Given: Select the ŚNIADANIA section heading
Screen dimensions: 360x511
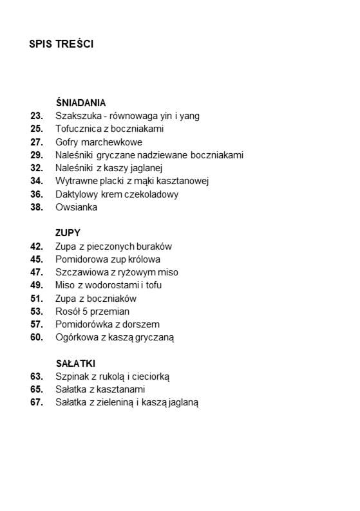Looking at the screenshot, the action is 81,102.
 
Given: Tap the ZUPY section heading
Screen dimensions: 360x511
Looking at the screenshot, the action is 68,233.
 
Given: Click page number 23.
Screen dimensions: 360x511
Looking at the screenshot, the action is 36,116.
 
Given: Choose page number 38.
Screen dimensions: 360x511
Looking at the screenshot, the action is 36,207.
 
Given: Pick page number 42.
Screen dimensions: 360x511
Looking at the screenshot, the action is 36,246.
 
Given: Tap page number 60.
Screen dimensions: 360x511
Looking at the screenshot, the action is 36,337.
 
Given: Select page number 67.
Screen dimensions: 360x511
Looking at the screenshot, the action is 36,403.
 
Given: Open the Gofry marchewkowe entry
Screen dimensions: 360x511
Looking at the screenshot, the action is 99,142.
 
